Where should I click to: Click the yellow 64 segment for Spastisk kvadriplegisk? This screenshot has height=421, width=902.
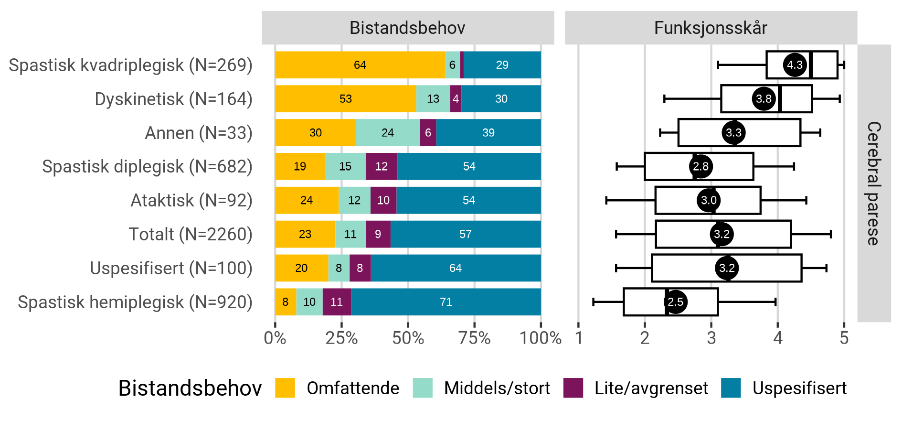(x=360, y=65)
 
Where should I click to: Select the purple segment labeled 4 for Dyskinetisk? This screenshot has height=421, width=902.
(x=456, y=99)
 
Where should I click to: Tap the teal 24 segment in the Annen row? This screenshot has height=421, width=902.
(x=388, y=133)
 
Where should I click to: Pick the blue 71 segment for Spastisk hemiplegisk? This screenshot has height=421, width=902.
(x=446, y=302)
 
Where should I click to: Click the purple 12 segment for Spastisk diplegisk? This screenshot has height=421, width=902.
(x=381, y=167)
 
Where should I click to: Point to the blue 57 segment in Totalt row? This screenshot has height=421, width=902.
(x=465, y=234)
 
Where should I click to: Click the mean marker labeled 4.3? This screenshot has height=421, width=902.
(x=795, y=65)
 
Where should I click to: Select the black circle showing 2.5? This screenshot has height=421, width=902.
(x=675, y=302)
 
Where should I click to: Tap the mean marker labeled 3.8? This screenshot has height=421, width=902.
(x=764, y=99)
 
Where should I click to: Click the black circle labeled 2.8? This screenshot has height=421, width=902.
(x=700, y=167)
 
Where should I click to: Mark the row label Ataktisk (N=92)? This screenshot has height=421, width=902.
(x=191, y=201)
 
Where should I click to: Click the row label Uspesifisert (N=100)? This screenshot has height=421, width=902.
(x=171, y=269)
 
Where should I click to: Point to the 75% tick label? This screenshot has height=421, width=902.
(x=474, y=338)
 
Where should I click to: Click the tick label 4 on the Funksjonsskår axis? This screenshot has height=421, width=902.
(x=777, y=338)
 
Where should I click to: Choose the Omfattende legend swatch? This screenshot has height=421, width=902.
(x=285, y=388)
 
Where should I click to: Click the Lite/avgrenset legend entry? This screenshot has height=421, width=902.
(x=651, y=388)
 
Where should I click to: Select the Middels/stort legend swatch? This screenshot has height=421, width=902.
(x=423, y=388)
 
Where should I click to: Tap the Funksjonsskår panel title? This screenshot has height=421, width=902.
(x=711, y=28)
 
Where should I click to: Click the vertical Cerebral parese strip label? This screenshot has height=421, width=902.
(x=873, y=184)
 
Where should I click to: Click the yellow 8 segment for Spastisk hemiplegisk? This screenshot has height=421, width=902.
(x=285, y=302)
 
